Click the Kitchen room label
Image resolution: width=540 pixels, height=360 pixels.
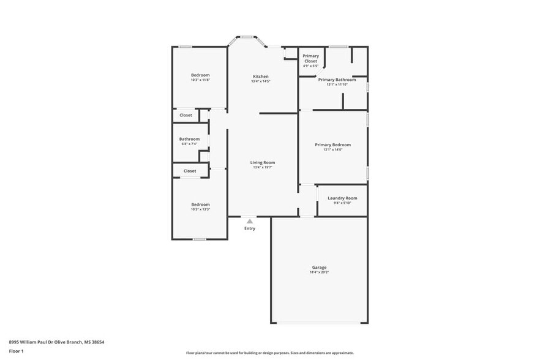(261, 77)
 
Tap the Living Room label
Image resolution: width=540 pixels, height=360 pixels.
(262, 163)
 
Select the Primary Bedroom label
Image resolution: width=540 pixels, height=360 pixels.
(333, 145)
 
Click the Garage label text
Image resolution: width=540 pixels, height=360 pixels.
(319, 268)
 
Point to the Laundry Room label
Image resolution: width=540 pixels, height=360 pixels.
(342, 198)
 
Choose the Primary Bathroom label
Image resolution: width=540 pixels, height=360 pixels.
(337, 80)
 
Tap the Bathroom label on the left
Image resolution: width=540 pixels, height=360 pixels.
(189, 139)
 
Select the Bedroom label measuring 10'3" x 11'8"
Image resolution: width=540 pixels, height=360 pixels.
(200, 75)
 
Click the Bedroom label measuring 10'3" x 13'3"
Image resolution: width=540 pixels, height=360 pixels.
(200, 204)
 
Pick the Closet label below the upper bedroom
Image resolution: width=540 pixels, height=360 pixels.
(186, 115)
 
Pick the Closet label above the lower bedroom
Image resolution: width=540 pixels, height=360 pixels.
(190, 171)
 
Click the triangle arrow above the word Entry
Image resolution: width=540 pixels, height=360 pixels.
(250, 222)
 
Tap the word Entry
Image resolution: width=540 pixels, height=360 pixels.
(250, 228)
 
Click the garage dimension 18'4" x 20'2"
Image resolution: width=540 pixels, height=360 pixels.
(319, 272)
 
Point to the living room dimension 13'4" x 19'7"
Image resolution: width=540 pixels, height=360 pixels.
(262, 168)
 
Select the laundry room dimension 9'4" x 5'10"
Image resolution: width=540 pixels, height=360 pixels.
(342, 203)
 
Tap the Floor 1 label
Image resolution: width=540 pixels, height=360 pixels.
(16, 351)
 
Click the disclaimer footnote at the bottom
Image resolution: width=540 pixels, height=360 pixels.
(270, 353)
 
